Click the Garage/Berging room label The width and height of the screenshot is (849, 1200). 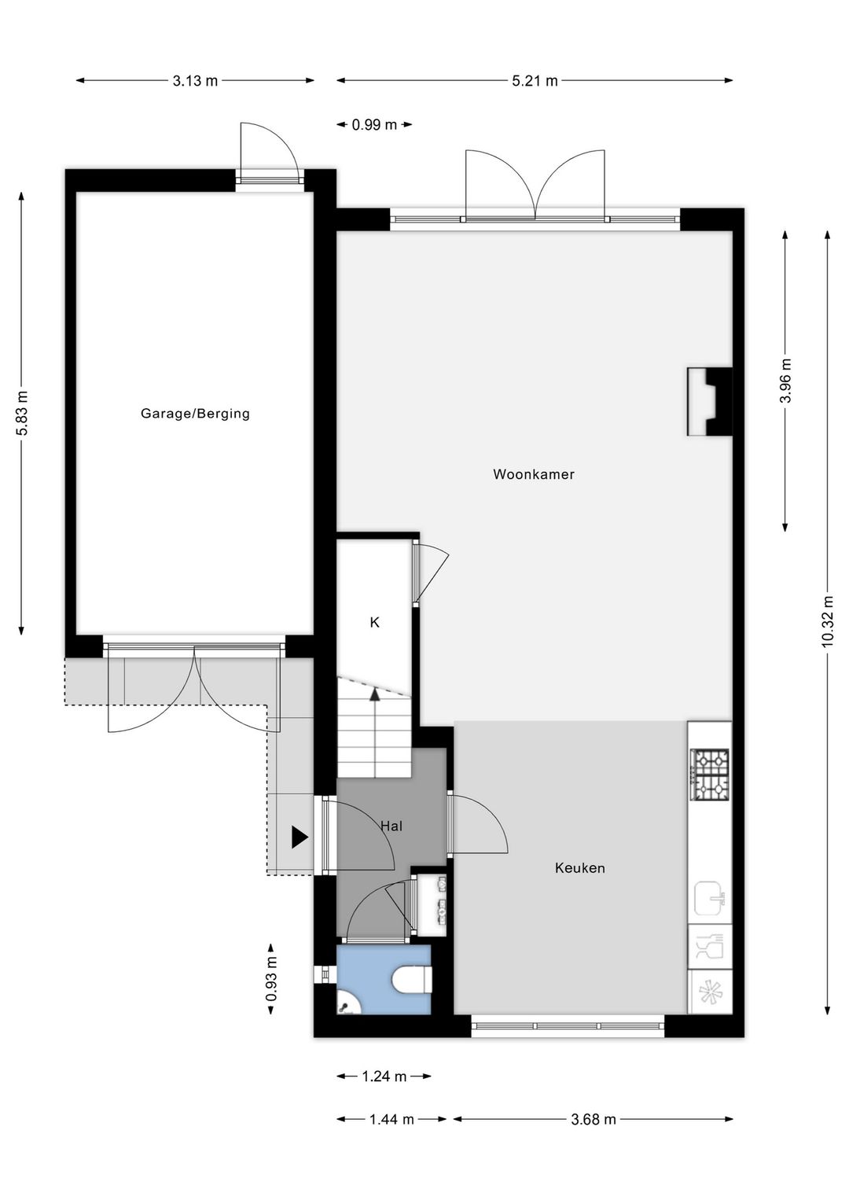click(195, 414)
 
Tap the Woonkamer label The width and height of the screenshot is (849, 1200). click(534, 474)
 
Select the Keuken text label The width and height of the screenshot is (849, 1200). click(580, 868)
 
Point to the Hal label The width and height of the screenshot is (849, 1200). click(391, 826)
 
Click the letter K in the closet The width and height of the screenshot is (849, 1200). click(375, 622)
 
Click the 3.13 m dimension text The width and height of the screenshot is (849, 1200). click(196, 80)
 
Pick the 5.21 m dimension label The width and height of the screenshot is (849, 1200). click(535, 80)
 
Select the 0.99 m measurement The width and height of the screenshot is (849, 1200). click(374, 124)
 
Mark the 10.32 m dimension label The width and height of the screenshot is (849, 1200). click(827, 622)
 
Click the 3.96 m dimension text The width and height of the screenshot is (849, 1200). click(785, 381)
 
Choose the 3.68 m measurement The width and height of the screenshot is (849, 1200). click(594, 1119)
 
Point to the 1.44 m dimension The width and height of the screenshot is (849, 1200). click(391, 1119)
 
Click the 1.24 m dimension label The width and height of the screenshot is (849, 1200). click(384, 1077)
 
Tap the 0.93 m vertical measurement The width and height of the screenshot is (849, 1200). click(271, 978)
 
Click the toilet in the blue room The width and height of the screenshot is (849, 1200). click(413, 980)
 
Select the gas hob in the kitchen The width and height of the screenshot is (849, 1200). click(710, 774)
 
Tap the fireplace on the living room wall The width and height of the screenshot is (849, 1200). click(710, 401)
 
